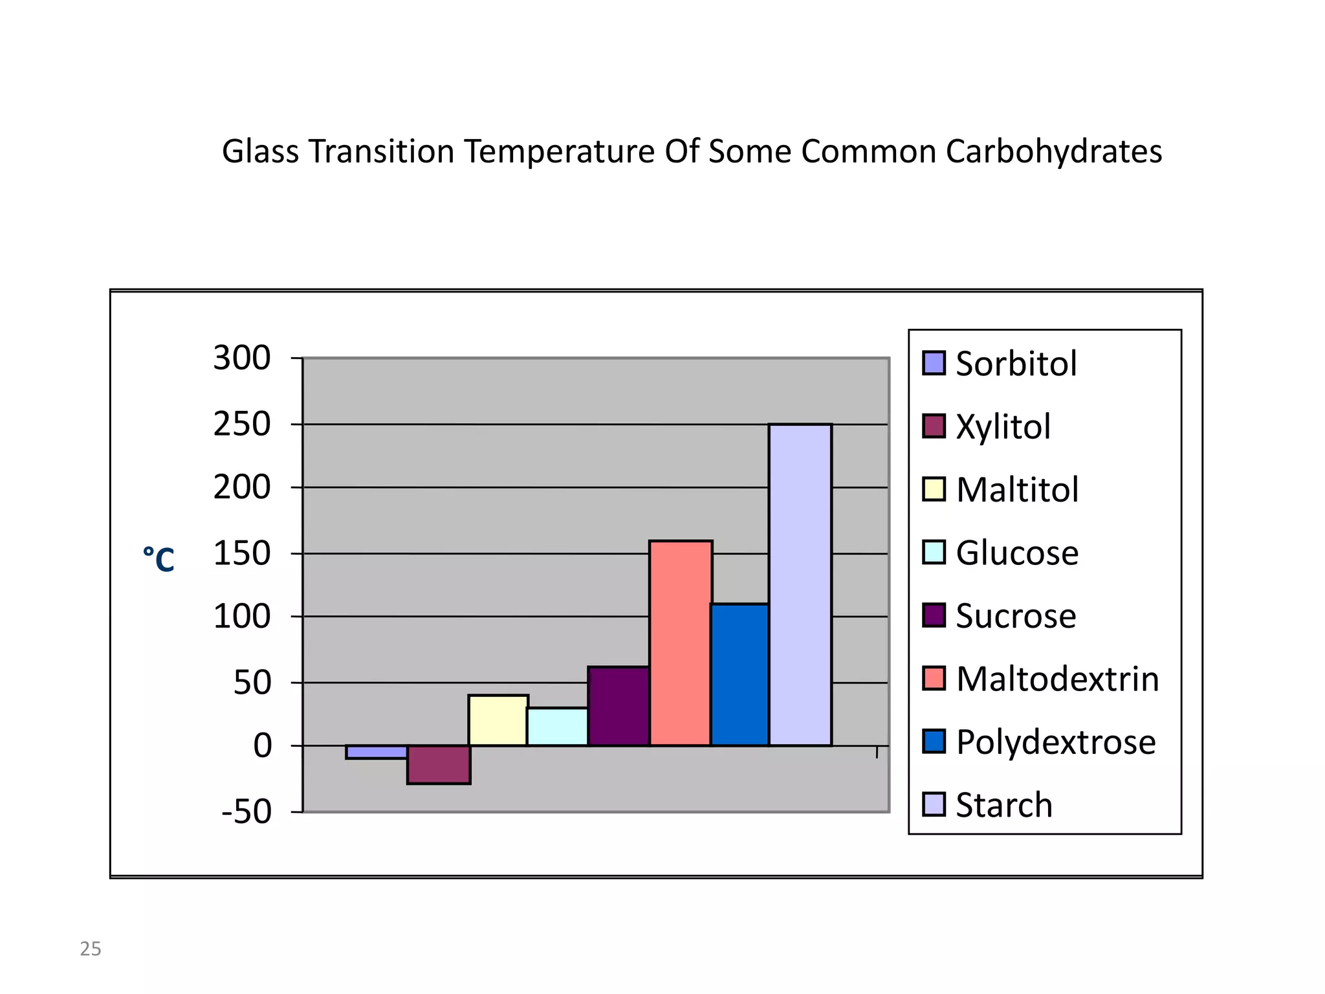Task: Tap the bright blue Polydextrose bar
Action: pyautogui.click(x=740, y=674)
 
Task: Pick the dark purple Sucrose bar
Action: pyautogui.click(x=619, y=706)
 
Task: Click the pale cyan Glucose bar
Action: pyautogui.click(x=558, y=726)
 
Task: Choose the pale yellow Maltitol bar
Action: pyautogui.click(x=498, y=720)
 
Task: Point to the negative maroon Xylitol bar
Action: pyautogui.click(x=439, y=764)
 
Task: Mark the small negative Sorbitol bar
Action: pyautogui.click(x=377, y=752)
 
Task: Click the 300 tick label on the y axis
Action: pyautogui.click(x=242, y=358)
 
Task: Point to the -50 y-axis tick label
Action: pyautogui.click(x=246, y=812)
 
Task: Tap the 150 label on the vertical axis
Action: pyautogui.click(x=242, y=554)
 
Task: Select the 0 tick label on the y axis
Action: pyautogui.click(x=263, y=745)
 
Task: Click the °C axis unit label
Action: pyautogui.click(x=159, y=559)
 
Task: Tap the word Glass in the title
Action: pyautogui.click(x=260, y=151)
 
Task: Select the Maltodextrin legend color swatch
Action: pyautogui.click(x=934, y=678)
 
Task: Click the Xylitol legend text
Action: pyautogui.click(x=1003, y=426)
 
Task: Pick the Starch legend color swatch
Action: pyautogui.click(x=934, y=804)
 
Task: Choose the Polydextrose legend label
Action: pyautogui.click(x=1055, y=742)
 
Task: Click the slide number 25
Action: pyautogui.click(x=91, y=949)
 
